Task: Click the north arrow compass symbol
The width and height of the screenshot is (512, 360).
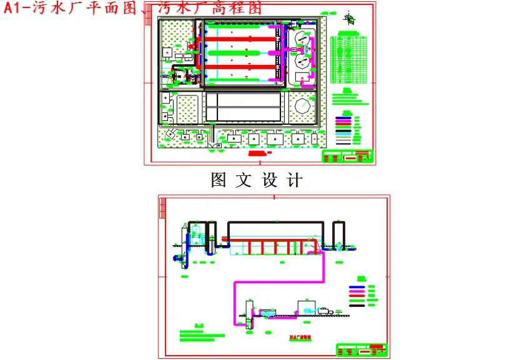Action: (x=352, y=19)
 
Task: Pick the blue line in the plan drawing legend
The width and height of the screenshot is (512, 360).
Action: (x=343, y=117)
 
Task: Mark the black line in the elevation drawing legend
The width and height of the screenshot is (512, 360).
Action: (x=357, y=306)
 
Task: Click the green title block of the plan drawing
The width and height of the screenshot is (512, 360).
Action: (x=347, y=156)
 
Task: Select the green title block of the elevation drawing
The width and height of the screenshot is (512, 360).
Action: (x=362, y=349)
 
